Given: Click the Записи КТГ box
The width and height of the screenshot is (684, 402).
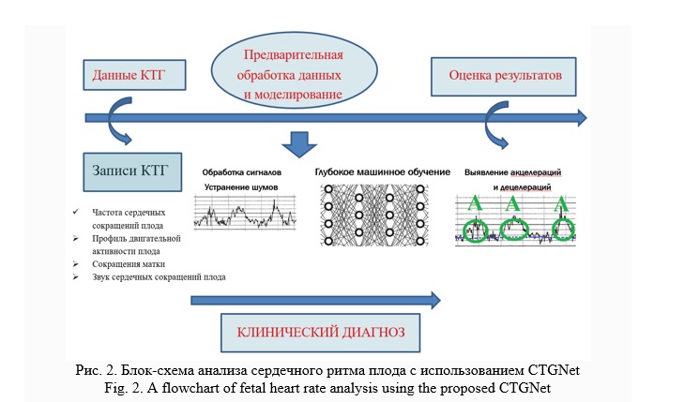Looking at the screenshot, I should click(x=129, y=171).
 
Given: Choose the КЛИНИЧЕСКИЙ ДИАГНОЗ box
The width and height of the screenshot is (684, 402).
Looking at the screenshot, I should click(x=319, y=332).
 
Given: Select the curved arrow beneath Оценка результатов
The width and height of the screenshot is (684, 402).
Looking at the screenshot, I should click(x=495, y=124).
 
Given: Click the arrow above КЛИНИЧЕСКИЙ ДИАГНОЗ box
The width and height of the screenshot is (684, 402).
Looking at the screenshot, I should click(x=314, y=301).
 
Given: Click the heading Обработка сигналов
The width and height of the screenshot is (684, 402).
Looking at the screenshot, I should click(x=242, y=172).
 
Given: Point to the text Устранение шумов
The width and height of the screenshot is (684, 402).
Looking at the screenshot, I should click(x=242, y=187).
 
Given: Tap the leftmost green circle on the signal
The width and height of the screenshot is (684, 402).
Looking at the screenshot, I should click(x=477, y=229).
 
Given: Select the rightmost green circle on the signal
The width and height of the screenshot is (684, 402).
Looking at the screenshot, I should click(x=563, y=231).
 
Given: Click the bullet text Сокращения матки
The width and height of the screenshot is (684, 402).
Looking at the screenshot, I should click(x=127, y=264).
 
